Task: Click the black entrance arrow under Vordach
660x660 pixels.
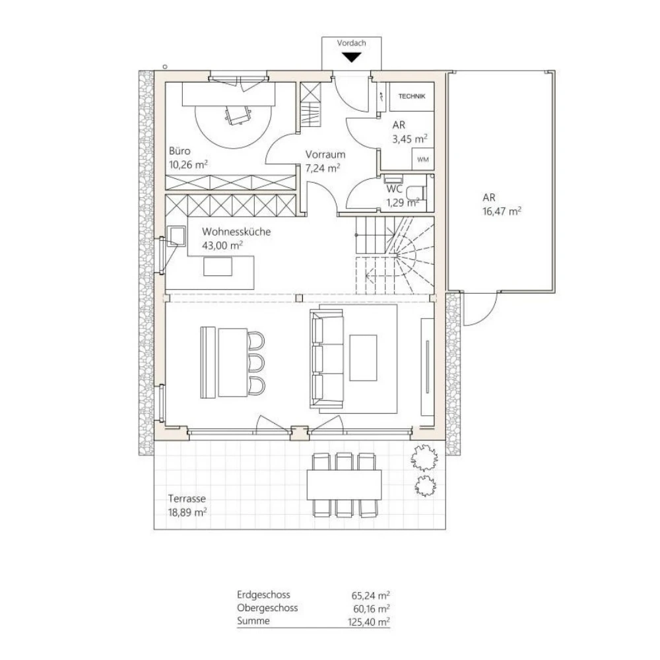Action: (351, 57)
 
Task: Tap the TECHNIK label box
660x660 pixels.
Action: (412, 96)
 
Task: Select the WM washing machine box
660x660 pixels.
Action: (421, 159)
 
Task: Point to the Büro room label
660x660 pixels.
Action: (180, 151)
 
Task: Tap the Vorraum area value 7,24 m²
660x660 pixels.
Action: (323, 168)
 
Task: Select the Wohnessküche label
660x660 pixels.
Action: (236, 232)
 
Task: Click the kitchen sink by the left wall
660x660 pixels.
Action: (177, 236)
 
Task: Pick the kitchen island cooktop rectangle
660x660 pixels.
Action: (218, 266)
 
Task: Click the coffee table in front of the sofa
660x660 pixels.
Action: (363, 358)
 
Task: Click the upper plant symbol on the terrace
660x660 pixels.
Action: (422, 455)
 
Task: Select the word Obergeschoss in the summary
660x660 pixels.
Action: (267, 608)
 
